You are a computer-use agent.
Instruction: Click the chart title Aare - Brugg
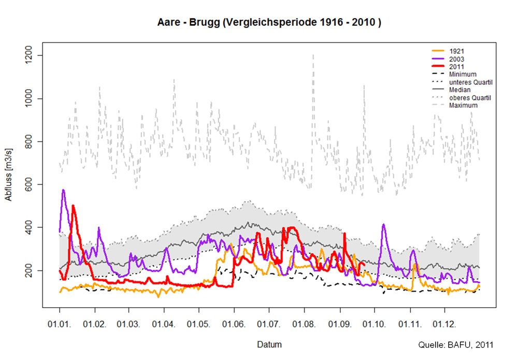[x=269, y=23]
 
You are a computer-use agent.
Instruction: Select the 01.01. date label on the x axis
[x=60, y=324]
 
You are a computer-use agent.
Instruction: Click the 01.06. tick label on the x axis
[x=234, y=324]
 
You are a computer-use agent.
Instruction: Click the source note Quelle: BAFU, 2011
[x=455, y=344]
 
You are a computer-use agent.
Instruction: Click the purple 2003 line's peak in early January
[x=63, y=190]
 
